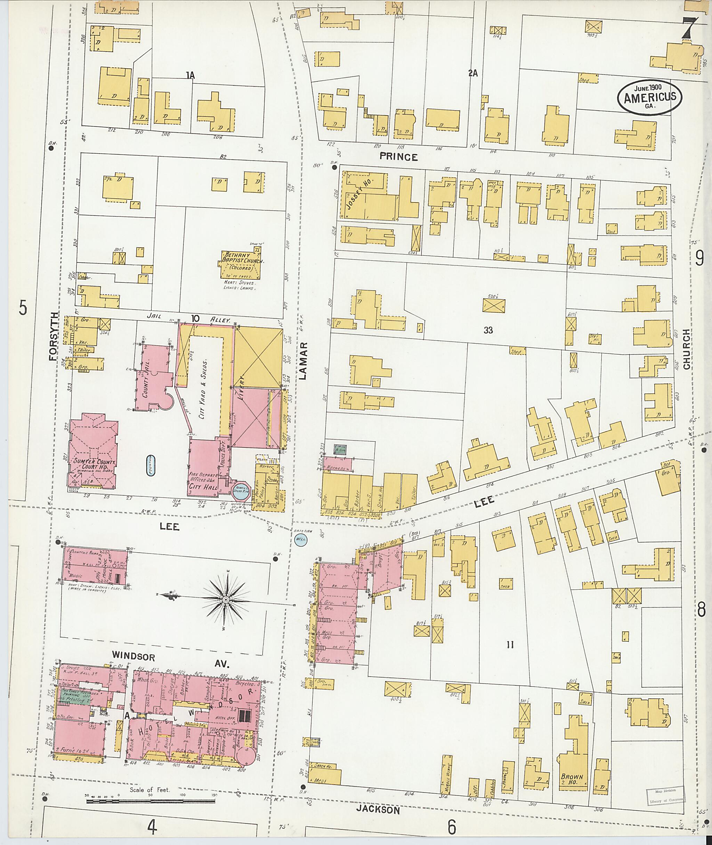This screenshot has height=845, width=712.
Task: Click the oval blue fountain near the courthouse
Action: point(151,464)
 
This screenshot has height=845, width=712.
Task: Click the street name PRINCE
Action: point(398,157)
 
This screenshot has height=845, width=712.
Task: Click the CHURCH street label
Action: point(686,349)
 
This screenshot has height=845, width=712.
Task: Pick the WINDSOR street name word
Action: point(133,656)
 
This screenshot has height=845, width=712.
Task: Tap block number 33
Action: point(488,330)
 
